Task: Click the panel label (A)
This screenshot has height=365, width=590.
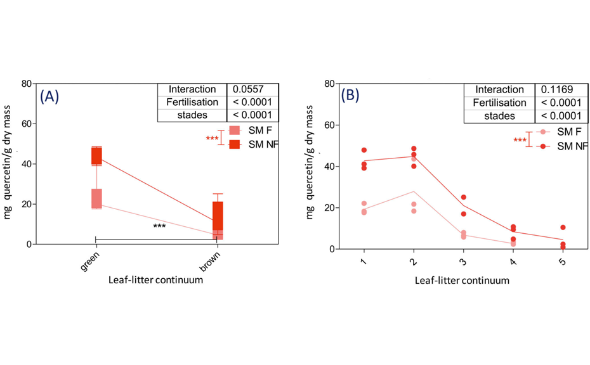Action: tap(49, 97)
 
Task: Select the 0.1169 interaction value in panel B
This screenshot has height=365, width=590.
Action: tap(554, 89)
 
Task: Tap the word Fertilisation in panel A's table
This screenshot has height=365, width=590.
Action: tap(192, 102)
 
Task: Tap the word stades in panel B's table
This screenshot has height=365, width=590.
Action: tap(499, 116)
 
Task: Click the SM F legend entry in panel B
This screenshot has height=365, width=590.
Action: tap(568, 132)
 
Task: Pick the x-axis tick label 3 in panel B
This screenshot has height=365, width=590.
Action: tap(463, 262)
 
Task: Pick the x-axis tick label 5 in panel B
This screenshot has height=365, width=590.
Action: tap(562, 262)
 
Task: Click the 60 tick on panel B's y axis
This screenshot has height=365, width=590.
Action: tap(328, 125)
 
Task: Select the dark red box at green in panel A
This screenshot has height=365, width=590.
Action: tap(96, 156)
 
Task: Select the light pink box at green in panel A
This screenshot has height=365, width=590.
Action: tap(96, 198)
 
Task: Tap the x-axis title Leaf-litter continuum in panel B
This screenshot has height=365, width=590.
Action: tap(462, 280)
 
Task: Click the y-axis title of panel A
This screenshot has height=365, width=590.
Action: tap(8, 164)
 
